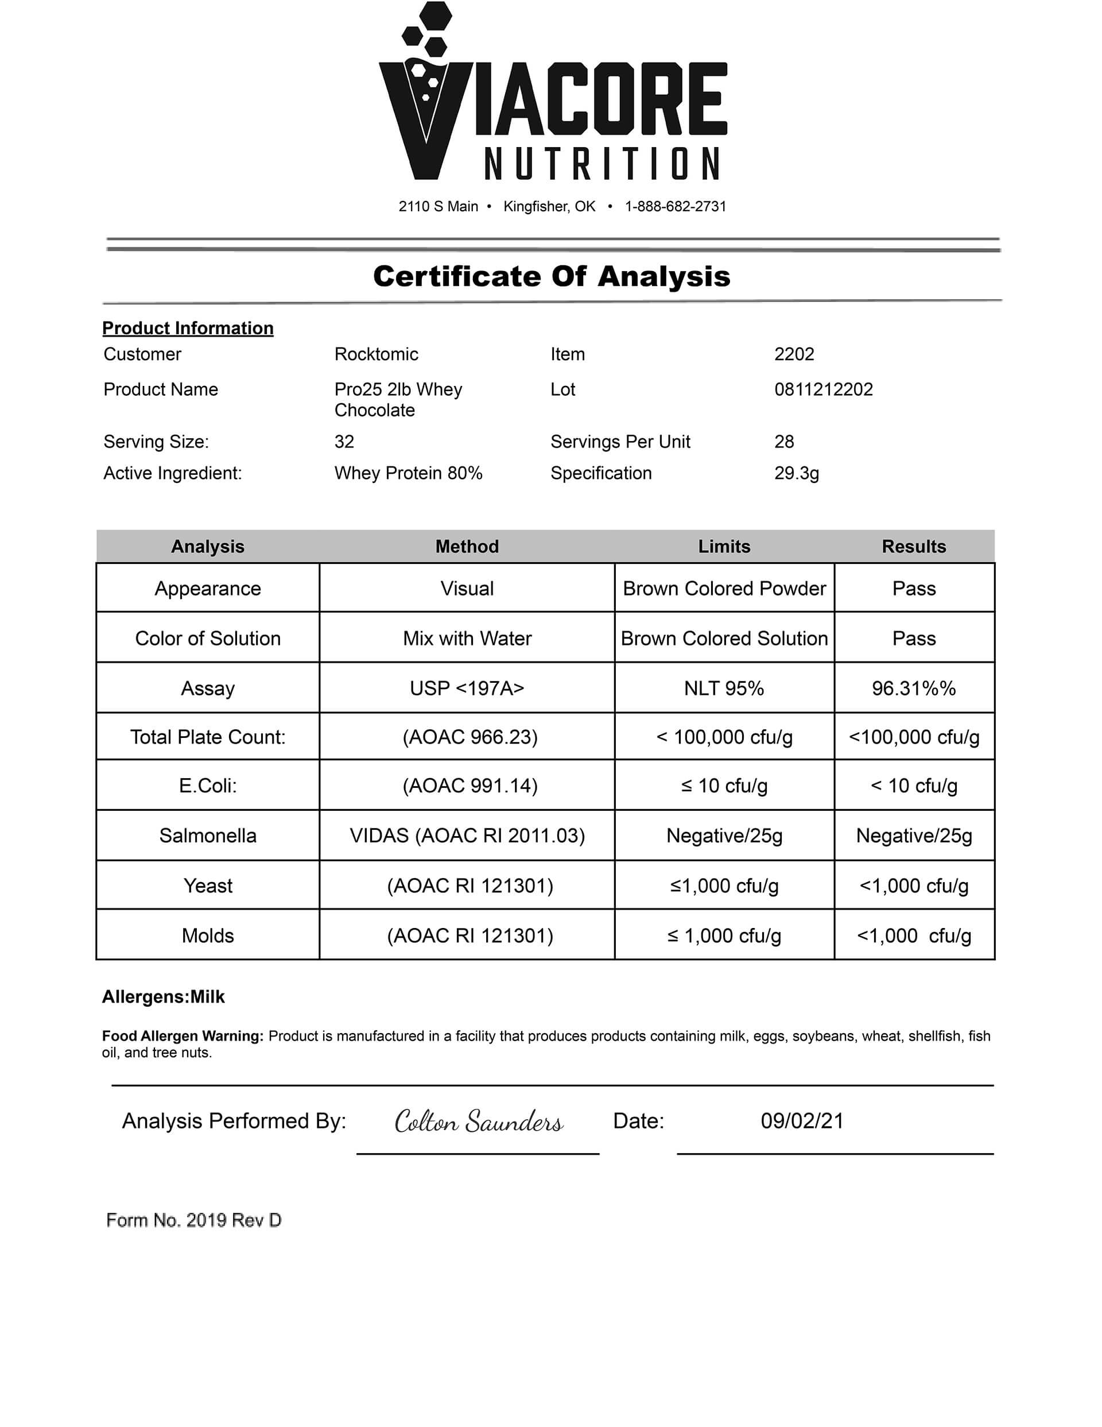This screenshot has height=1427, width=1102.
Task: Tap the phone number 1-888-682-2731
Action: coord(675,207)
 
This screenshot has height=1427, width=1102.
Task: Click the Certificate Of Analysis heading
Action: coord(552,276)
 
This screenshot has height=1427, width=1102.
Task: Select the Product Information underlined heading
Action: coord(188,328)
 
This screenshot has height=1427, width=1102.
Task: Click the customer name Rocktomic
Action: coord(377,354)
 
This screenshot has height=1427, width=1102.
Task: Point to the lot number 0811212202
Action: coord(823,389)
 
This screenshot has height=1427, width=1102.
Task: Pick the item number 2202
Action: coord(794,354)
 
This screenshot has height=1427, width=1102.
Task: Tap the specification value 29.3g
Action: coord(796,473)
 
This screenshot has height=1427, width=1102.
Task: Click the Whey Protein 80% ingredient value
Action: coord(408,473)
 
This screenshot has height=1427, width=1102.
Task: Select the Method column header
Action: coord(467,546)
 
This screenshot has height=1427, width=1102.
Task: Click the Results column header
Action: coord(913,546)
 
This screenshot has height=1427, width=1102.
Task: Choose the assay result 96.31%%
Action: coord(913,688)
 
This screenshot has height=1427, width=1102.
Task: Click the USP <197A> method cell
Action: coord(467,688)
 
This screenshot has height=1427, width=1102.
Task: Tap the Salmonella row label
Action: coord(208,836)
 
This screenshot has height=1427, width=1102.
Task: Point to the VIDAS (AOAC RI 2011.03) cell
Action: coord(467,836)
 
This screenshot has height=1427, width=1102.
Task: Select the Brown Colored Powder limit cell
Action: coord(724,589)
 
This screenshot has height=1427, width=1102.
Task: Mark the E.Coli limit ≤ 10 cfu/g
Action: coord(724,786)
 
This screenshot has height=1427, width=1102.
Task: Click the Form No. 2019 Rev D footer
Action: coord(193,1220)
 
